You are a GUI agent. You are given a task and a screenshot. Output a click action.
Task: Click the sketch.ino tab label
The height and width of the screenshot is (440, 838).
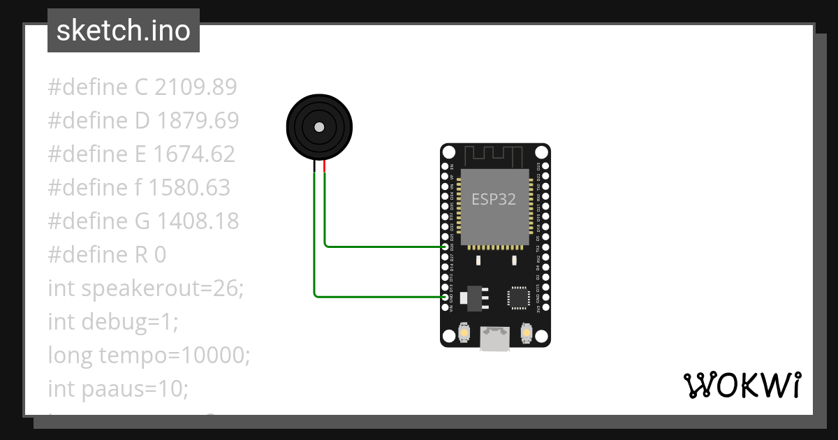pyautogui.click(x=124, y=31)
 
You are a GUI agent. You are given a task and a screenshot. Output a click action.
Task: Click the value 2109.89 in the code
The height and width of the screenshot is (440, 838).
pyautogui.click(x=196, y=87)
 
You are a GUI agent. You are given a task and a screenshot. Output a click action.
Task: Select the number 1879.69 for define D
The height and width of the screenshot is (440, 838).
pyautogui.click(x=198, y=121)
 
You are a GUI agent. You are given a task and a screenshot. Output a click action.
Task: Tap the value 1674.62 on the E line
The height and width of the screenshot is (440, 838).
pyautogui.click(x=196, y=154)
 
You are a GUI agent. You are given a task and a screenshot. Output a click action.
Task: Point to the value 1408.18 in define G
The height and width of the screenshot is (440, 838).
pyautogui.click(x=198, y=221)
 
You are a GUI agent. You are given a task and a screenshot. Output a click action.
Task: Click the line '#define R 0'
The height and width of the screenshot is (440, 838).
pyautogui.click(x=107, y=255)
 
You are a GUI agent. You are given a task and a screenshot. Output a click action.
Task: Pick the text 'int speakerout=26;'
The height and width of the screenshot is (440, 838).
pyautogui.click(x=146, y=288)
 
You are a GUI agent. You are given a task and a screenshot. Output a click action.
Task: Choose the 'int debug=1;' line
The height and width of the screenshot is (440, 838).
pyautogui.click(x=113, y=322)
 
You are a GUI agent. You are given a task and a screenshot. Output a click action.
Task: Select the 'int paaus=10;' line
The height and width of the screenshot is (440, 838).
pyautogui.click(x=118, y=389)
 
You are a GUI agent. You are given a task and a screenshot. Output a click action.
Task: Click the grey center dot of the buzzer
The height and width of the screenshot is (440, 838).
pyautogui.click(x=319, y=127)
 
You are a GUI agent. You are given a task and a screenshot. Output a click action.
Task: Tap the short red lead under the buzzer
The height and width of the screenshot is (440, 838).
pyautogui.click(x=325, y=166)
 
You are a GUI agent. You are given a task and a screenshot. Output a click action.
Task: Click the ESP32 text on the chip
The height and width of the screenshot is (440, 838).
pyautogui.click(x=494, y=199)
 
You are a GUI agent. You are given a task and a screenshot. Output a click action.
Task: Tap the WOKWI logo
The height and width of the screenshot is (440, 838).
pyautogui.click(x=742, y=385)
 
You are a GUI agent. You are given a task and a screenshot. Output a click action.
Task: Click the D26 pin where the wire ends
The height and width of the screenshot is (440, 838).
pyautogui.click(x=446, y=247)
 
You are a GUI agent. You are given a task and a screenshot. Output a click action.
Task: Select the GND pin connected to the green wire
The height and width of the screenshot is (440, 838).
pyautogui.click(x=446, y=297)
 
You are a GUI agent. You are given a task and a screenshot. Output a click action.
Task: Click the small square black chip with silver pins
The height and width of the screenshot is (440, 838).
pyautogui.click(x=518, y=297)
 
